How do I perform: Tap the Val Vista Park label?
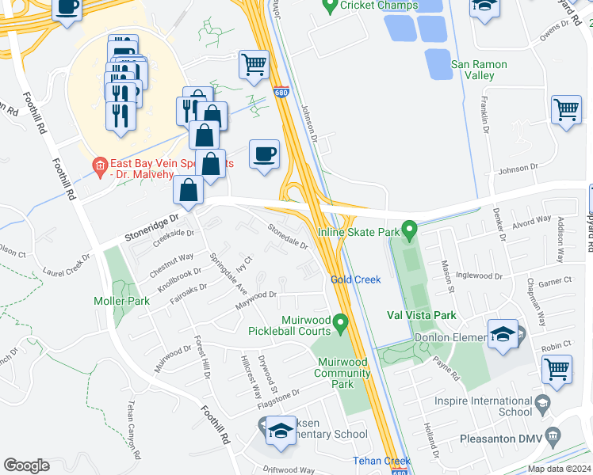tap(421, 314)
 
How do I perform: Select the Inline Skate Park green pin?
tap(410, 231)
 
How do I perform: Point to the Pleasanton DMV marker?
tap(554, 435)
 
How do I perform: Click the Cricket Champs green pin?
tap(331, 6)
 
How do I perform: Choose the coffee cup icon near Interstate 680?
tap(265, 154)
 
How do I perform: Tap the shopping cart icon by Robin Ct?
tap(557, 369)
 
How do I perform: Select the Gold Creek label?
tap(356, 280)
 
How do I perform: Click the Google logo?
tap(27, 465)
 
